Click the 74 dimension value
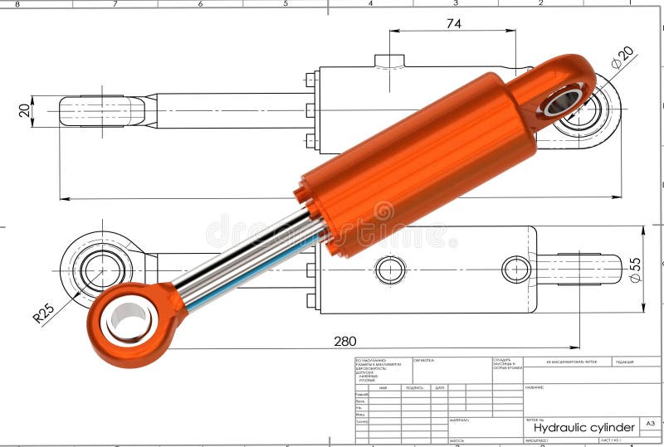453,23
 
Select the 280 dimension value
345,340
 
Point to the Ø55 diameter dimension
635,270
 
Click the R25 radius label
43,313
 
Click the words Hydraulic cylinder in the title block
583,427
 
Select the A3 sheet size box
651,424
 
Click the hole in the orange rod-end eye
129,320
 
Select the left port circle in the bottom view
390,270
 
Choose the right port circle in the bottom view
516,270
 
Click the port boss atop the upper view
389,61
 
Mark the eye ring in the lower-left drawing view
101,270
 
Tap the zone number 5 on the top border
286,3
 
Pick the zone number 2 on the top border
540,3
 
